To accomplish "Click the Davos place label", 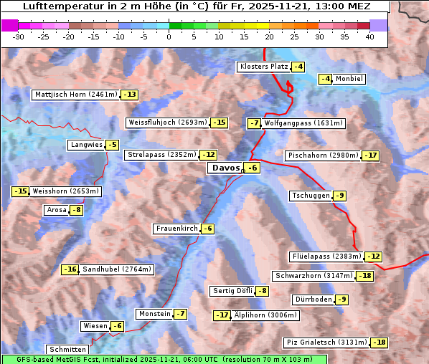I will click(225, 168).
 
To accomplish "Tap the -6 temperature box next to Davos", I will click(252, 168).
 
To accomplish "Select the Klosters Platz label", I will click(263, 67).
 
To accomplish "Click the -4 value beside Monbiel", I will click(326, 79).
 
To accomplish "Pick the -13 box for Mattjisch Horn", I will click(129, 95).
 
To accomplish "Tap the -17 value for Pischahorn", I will click(370, 155).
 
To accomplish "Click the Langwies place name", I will click(85, 145).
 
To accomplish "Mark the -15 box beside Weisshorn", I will click(20, 191).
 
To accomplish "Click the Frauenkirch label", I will click(176, 229).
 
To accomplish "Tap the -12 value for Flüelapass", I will click(373, 257).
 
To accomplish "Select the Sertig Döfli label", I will click(232, 291).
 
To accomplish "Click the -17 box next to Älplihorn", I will click(222, 315).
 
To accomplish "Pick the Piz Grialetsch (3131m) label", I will click(326, 343).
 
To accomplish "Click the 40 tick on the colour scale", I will click(369, 37).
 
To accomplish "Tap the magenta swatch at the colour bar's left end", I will click(10, 25).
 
